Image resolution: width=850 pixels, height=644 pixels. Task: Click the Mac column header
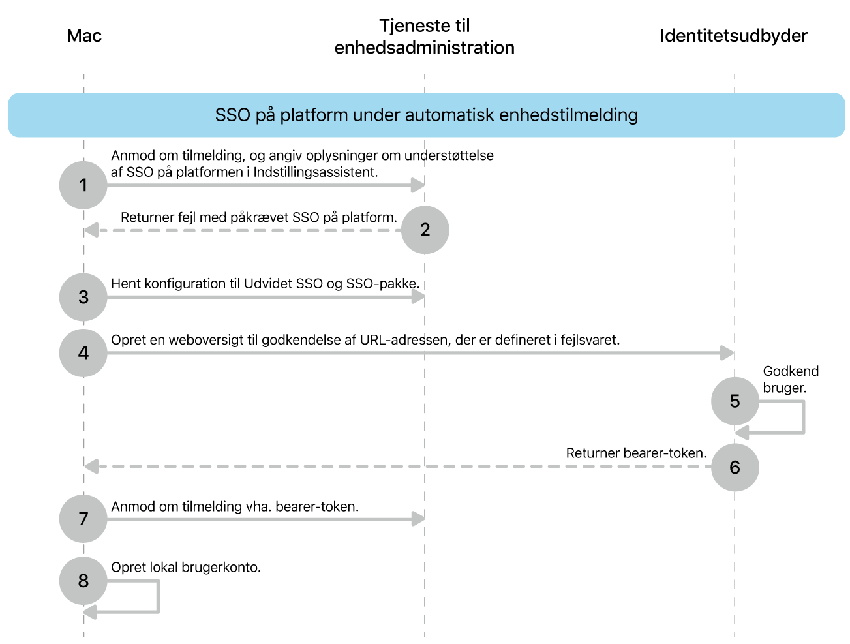(x=84, y=36)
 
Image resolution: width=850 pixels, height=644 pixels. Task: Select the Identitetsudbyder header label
(x=733, y=36)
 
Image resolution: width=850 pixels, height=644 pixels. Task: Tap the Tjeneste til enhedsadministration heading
(x=424, y=37)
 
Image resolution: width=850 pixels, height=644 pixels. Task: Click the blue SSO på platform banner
(x=426, y=115)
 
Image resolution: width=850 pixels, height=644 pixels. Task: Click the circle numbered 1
(x=83, y=185)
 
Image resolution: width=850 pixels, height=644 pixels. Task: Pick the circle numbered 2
(x=425, y=230)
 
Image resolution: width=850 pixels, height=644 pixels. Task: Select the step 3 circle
(x=83, y=298)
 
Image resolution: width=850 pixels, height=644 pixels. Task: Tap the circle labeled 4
(x=83, y=353)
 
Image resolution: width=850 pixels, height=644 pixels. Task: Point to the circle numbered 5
(x=735, y=401)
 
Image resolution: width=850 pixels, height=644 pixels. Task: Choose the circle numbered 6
(x=735, y=467)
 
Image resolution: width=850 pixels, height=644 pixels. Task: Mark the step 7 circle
(x=83, y=519)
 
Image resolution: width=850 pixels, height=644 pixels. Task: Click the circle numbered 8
(x=83, y=581)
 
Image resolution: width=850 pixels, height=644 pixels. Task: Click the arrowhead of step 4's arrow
(x=727, y=353)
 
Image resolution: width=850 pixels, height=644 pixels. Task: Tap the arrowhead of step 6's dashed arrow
(x=91, y=467)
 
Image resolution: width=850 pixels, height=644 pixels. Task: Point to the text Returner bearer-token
(x=636, y=453)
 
